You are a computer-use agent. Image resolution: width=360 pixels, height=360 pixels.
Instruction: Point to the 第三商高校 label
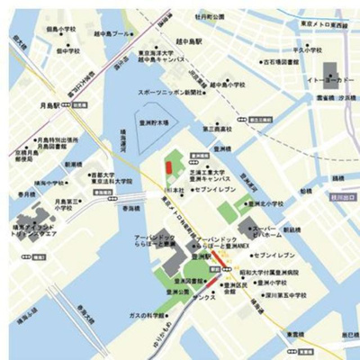pyautogui.click(x=220, y=130)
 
